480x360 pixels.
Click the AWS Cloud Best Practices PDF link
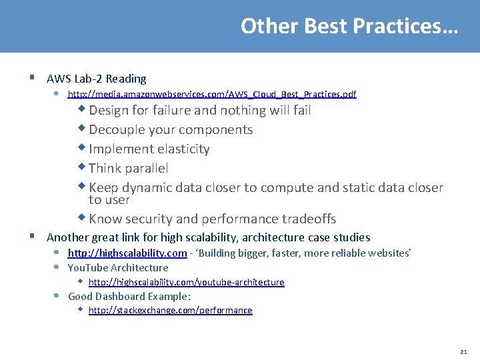tap(212, 95)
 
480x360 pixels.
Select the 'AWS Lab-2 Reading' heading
tap(96, 79)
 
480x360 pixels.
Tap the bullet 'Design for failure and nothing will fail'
tap(199, 110)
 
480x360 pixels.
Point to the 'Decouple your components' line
tap(171, 129)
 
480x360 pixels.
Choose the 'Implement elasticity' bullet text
tap(149, 149)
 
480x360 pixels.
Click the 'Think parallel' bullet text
tap(128, 168)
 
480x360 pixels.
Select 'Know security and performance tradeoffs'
tap(212, 219)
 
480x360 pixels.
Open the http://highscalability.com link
tap(127, 253)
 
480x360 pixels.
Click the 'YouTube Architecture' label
tap(118, 268)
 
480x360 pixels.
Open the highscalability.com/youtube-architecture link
tap(186, 283)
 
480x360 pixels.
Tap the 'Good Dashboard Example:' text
tap(129, 297)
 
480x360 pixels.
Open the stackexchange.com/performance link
tap(170, 311)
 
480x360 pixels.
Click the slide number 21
tap(463, 351)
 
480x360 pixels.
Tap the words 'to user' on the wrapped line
tap(109, 200)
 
